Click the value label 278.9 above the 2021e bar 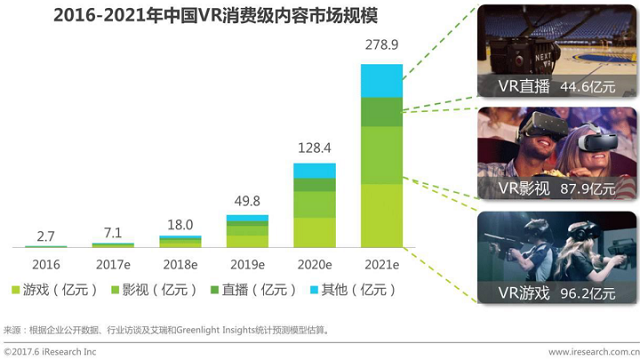click(380, 46)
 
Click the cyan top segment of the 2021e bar click(380, 80)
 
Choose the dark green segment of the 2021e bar click(380, 111)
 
